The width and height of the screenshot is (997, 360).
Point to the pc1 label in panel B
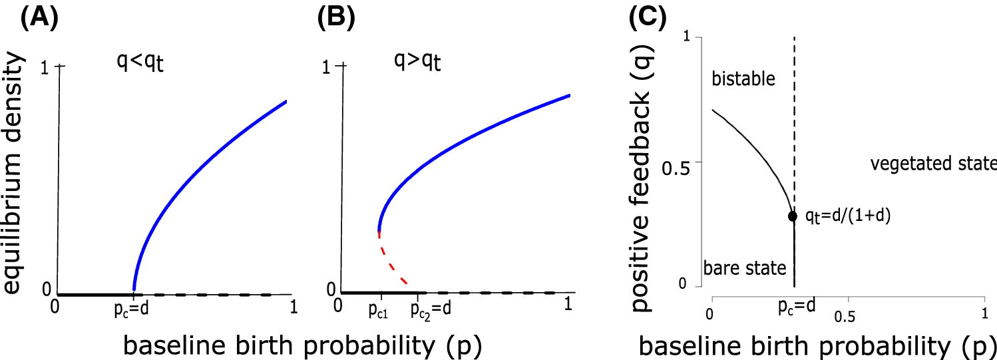coord(379,311)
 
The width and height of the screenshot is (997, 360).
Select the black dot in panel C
coord(793,216)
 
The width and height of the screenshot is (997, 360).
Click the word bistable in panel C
coord(743,79)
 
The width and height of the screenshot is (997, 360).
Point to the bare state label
coord(745,268)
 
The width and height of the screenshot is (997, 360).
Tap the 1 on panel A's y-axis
coord(45,67)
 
